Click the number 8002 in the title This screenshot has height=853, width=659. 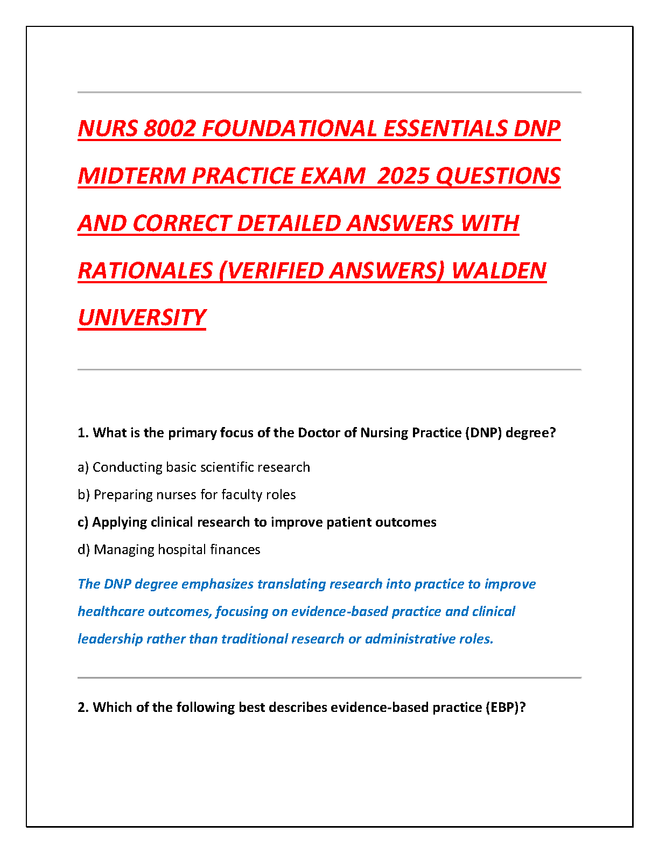point(170,129)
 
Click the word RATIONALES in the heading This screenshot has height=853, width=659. point(145,271)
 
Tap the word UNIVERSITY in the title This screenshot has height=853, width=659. point(142,318)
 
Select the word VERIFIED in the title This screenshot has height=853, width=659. point(272,271)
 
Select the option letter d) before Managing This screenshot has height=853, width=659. point(83,550)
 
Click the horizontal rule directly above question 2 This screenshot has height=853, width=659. point(329,677)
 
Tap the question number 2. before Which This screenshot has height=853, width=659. point(83,708)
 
